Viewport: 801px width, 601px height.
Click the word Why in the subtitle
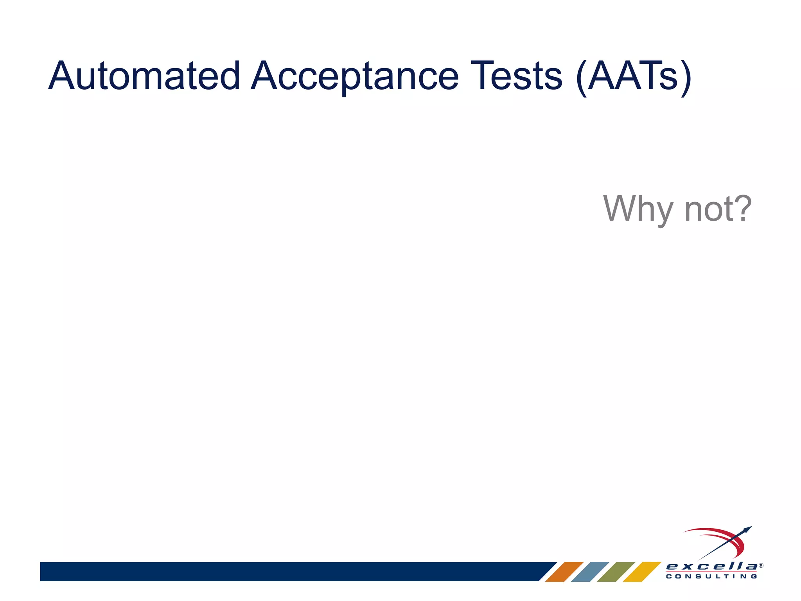[638, 209]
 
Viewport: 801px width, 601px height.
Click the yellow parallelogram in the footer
[642, 572]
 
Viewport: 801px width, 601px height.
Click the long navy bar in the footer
[289, 571]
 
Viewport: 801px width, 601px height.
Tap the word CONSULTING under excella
[711, 576]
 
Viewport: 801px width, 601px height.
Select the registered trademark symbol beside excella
[761, 565]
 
